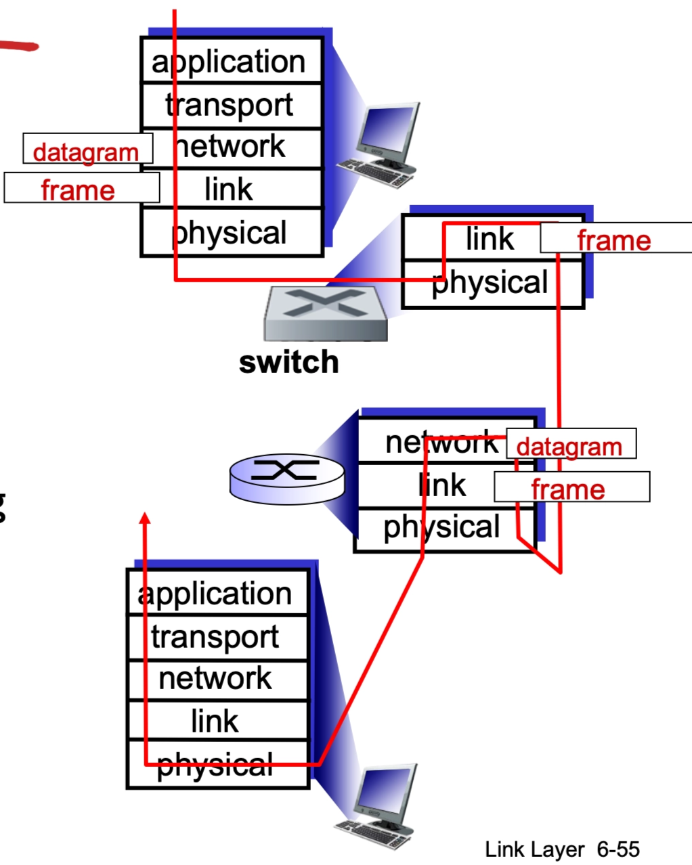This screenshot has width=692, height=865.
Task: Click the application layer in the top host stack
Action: [230, 62]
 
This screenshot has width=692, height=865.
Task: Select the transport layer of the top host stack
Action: [230, 105]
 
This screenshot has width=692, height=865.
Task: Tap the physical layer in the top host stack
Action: [230, 233]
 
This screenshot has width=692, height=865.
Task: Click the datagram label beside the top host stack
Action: [87, 150]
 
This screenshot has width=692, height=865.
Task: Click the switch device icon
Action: [325, 313]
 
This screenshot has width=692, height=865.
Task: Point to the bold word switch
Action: [289, 362]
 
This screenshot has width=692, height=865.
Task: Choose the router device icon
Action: [287, 478]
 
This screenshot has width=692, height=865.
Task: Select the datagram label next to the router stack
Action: [570, 445]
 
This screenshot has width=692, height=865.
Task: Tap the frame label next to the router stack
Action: [570, 487]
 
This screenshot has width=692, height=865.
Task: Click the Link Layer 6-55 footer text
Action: [562, 849]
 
